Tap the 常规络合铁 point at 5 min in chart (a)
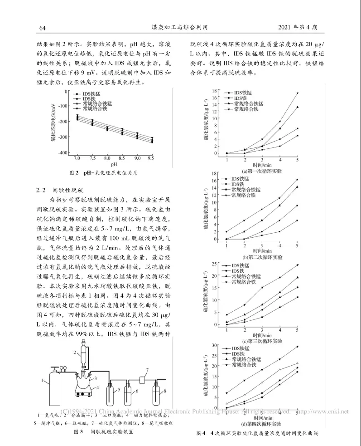[297, 93]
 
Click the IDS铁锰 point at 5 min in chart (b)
[297, 221]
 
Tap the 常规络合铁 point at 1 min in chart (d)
[227, 393]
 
